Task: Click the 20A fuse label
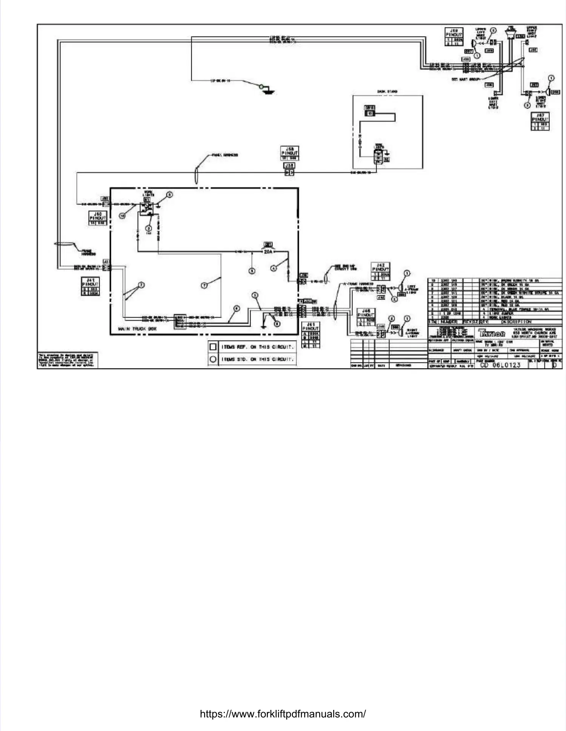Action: pyautogui.click(x=268, y=251)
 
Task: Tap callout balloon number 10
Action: pyautogui.click(x=122, y=216)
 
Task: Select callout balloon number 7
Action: pyautogui.click(x=204, y=285)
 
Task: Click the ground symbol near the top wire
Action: pyautogui.click(x=269, y=91)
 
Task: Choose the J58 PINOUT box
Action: pyautogui.click(x=289, y=153)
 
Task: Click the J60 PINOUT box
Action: pyautogui.click(x=98, y=218)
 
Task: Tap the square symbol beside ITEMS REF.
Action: pyautogui.click(x=213, y=347)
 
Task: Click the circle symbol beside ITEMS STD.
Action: pyautogui.click(x=213, y=359)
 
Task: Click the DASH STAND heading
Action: pyautogui.click(x=388, y=92)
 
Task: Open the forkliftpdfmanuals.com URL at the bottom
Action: pyautogui.click(x=283, y=714)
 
